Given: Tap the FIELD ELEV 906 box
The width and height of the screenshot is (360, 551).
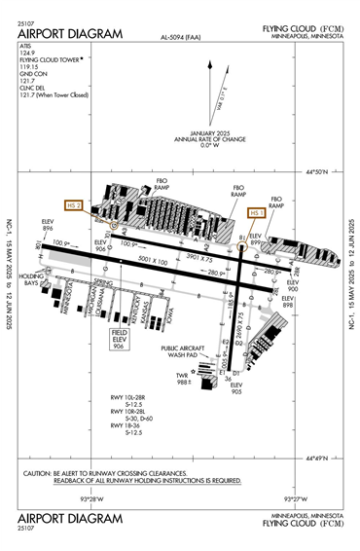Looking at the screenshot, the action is [120, 339].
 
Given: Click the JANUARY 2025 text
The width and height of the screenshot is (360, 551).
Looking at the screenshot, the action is [215, 132].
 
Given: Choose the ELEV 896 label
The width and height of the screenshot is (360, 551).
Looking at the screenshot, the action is [48, 225].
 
